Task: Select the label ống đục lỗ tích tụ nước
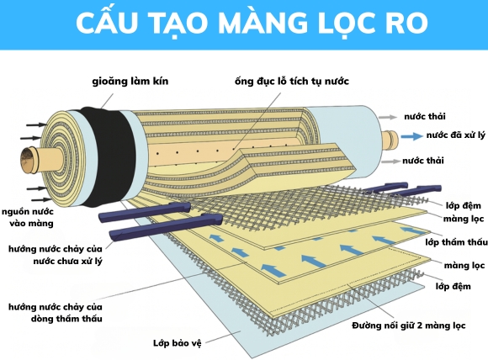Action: click(292, 82)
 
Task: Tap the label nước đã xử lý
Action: click(455, 135)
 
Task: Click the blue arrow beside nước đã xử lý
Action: click(411, 135)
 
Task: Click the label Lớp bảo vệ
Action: click(178, 343)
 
